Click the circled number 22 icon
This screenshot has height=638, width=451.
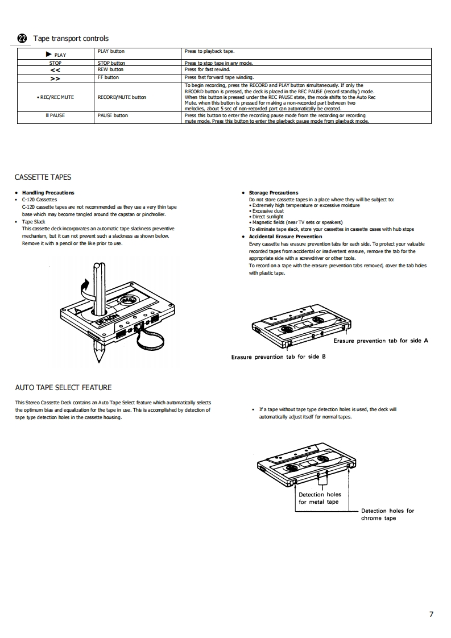point(22,39)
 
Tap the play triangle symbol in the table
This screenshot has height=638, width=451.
point(49,54)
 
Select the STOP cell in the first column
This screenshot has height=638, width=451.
point(55,63)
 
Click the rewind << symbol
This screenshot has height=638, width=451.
point(55,70)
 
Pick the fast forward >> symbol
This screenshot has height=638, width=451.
point(55,78)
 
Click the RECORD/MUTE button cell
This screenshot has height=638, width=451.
point(122,97)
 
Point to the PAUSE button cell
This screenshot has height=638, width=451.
point(113,115)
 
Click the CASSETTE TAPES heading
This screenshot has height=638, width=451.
point(43,177)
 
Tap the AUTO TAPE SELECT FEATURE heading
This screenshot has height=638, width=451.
point(63,388)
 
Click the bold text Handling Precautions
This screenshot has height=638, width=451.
point(48,193)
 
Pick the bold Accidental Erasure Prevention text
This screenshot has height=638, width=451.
point(285,237)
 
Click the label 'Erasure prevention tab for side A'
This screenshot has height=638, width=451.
point(380,341)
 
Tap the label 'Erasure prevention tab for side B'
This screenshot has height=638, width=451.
point(278,357)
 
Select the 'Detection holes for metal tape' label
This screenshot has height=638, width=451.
point(320,498)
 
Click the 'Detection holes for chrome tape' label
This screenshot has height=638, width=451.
point(387,514)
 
